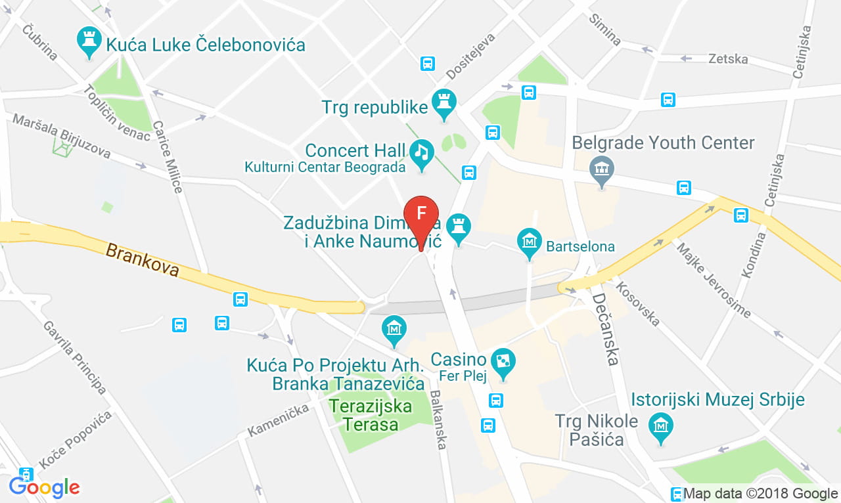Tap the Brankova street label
[x=143, y=260]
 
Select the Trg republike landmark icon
[x=444, y=103]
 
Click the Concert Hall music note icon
[x=421, y=154]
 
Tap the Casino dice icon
[x=503, y=362]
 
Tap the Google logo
[x=44, y=487]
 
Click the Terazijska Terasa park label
[x=371, y=415]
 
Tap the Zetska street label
[x=728, y=59]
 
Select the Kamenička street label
[x=278, y=421]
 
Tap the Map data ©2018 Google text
[x=761, y=494]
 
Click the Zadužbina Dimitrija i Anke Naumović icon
[x=459, y=227]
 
